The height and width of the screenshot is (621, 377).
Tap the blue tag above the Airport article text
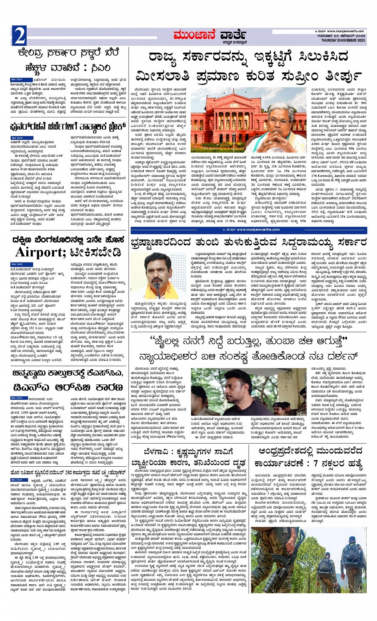(x=17, y=264)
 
